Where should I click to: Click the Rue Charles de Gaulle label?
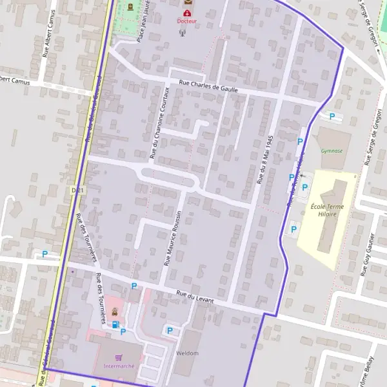pos(208,86)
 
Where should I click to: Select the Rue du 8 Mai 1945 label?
pos(264,160)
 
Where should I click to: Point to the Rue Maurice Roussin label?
pos(173,237)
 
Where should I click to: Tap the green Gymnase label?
pos(332,151)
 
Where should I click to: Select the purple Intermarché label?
pos(119,366)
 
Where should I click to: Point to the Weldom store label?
pos(187,353)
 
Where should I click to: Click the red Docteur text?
pos(187,21)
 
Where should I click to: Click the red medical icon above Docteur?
pos(187,13)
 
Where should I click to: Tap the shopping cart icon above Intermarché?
pos(119,357)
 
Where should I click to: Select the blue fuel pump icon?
pos(115,324)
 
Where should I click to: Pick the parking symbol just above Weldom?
pos(170,331)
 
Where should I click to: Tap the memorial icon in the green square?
pos(132,8)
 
